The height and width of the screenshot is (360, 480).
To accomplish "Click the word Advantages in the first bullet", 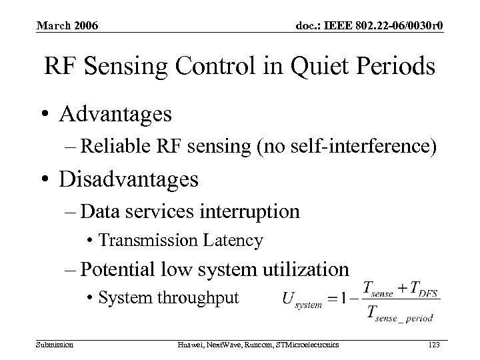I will tap(115, 114).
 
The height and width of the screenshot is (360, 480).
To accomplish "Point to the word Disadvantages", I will tap(129, 179).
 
